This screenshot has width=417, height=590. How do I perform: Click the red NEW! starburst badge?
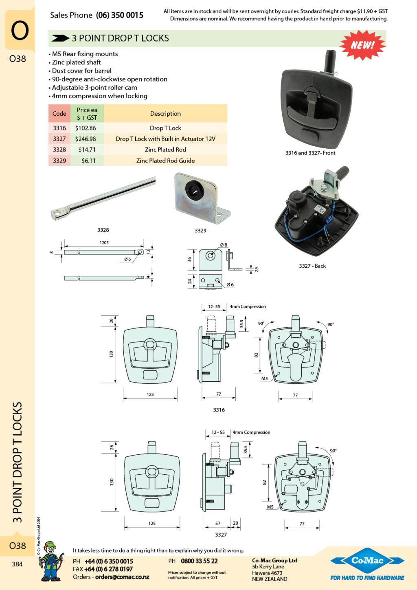coord(362,45)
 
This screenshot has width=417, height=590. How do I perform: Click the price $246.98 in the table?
coord(86,139)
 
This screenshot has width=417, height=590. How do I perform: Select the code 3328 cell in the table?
coord(59,150)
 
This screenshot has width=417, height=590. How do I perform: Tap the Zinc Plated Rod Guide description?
coord(165,161)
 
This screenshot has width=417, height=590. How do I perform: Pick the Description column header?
coord(165,114)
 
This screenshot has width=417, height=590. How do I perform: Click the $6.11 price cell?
coord(88,161)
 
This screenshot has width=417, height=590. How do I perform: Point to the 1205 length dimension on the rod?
coord(104,243)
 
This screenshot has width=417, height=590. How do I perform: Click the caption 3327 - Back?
coord(312,266)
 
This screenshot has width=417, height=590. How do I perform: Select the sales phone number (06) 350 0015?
coord(120,15)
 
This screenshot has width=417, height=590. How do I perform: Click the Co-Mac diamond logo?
coord(367,561)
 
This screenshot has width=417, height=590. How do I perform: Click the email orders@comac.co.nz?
coord(122,577)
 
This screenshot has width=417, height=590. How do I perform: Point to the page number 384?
coord(17,564)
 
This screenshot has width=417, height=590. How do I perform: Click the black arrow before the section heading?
coord(60,38)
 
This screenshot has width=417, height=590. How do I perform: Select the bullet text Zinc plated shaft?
coord(77,62)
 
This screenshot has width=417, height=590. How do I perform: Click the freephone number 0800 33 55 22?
coord(199,561)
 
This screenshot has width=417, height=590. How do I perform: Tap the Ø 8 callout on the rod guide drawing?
coord(224,245)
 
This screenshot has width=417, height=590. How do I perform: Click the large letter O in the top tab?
coord(20,31)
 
